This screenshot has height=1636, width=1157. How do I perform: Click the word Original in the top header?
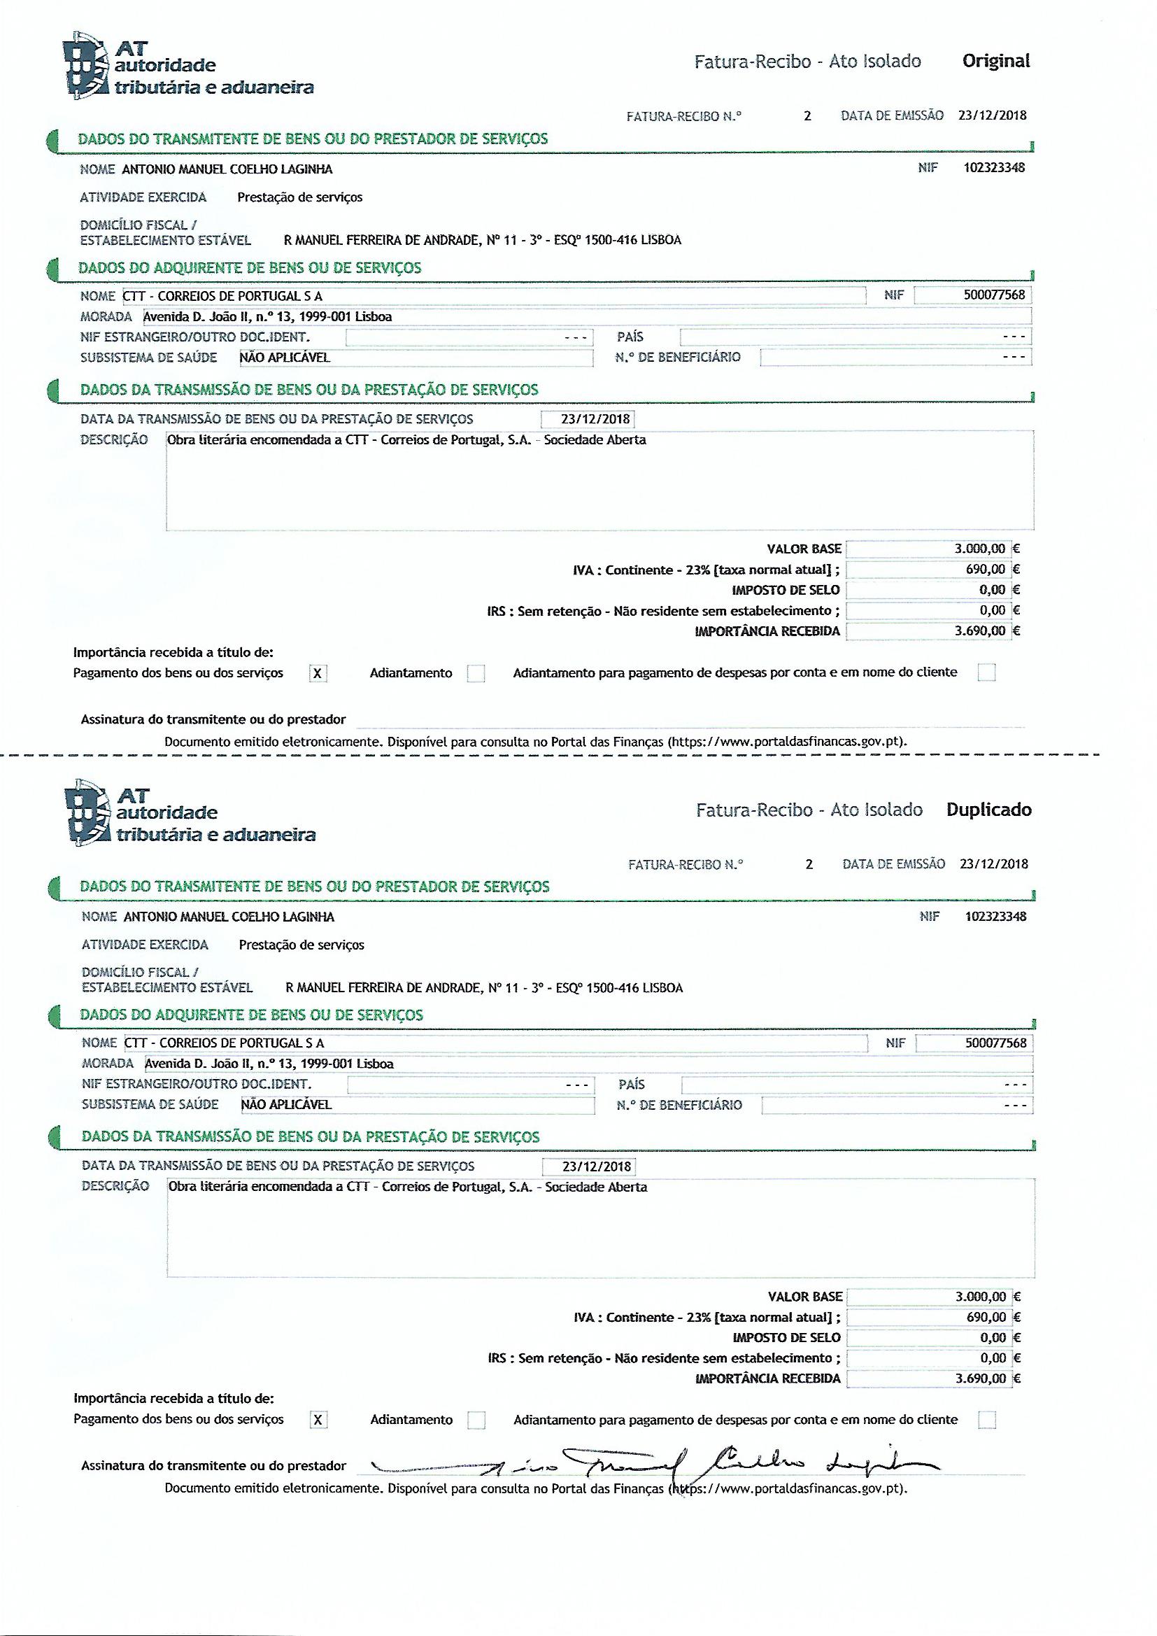click(x=995, y=62)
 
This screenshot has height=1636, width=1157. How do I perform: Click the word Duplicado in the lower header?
click(x=988, y=810)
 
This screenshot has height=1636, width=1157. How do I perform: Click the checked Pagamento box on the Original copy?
click(x=318, y=673)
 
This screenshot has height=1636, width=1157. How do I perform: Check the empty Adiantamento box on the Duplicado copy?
click(x=475, y=1420)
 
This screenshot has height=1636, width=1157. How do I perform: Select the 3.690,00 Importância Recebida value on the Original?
click(x=979, y=630)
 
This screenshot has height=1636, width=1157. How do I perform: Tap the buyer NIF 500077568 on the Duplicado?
click(x=995, y=1043)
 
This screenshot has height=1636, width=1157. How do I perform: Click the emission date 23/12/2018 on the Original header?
click(x=993, y=115)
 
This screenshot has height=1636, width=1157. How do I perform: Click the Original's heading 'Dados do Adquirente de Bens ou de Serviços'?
click(x=249, y=269)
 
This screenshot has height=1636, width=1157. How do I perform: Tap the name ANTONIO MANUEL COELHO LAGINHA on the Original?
click(x=227, y=169)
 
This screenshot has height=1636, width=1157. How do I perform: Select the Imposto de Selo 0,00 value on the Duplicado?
click(x=993, y=1337)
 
